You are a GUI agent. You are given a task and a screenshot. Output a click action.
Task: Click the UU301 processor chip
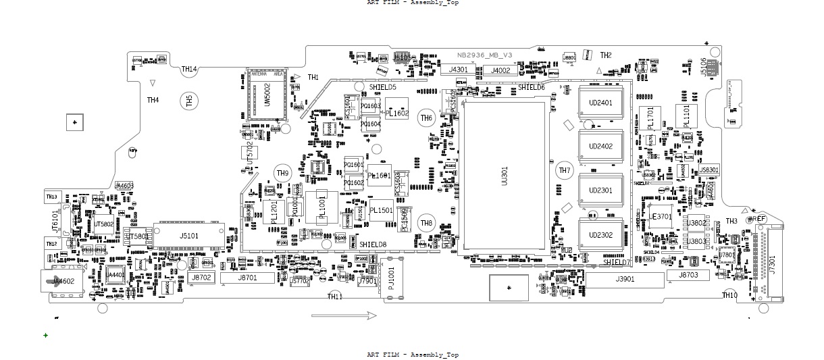pos(503,177)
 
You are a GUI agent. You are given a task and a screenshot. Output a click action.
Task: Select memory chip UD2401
pos(600,103)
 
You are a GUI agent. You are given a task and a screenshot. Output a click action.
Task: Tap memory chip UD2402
pos(600,147)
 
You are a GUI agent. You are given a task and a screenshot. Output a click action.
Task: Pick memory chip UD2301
pos(600,190)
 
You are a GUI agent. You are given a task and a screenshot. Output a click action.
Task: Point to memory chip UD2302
pos(600,235)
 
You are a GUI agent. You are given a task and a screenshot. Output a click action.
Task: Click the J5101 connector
pos(189,236)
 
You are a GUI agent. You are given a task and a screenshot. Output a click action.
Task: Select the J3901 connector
pos(625,279)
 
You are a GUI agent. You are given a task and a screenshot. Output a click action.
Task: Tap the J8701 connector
pos(247,278)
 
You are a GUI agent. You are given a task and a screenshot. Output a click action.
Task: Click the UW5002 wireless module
pos(267,97)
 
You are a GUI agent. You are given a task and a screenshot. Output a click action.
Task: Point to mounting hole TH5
pos(189,101)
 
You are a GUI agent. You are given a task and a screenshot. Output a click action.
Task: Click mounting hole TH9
pos(282,174)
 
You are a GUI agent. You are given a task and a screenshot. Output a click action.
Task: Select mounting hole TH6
pos(426,118)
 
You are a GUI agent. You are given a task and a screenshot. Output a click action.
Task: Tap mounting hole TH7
pos(564,171)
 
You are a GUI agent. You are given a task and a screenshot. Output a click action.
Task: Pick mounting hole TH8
pos(426,224)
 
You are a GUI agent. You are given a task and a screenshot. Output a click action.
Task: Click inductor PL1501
pos(381,211)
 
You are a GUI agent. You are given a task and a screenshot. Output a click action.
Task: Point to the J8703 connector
pos(688,276)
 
